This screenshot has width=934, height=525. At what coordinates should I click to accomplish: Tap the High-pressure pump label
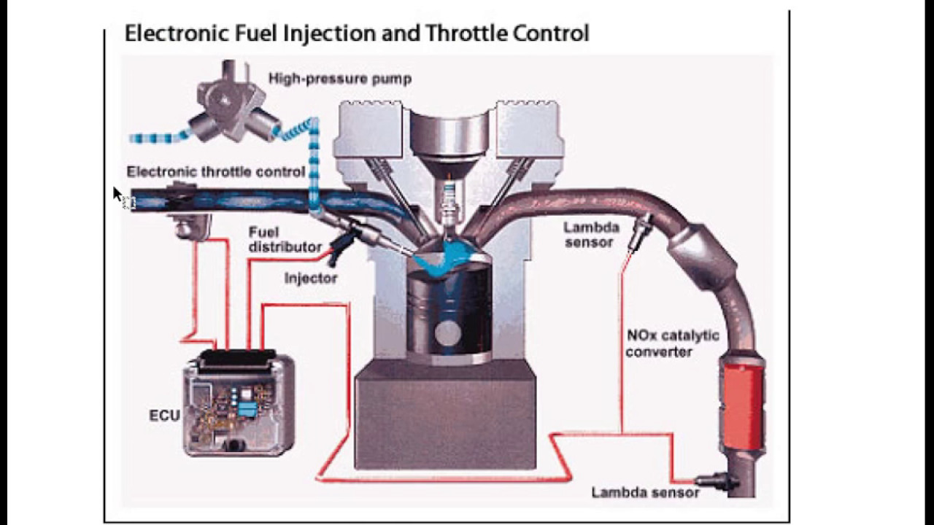(339, 79)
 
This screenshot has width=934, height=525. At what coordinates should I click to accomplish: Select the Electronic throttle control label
(215, 172)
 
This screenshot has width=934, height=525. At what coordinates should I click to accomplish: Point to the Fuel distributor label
(285, 240)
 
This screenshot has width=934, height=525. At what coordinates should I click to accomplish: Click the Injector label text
(311, 278)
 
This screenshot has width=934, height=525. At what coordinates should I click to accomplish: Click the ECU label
(164, 416)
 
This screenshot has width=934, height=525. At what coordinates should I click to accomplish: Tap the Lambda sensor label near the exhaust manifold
(590, 235)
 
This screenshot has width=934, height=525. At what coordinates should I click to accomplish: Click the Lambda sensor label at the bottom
(645, 492)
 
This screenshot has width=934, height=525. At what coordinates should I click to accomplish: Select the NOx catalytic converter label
(672, 343)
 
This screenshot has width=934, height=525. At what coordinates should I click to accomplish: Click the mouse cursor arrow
(117, 195)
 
